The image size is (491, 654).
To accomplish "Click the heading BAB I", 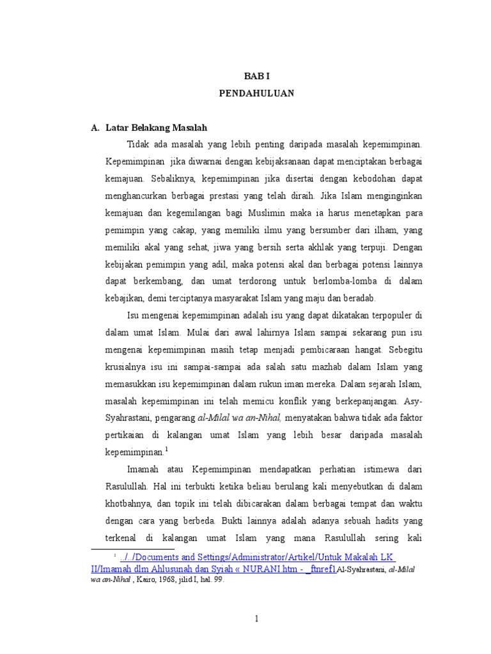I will click(x=256, y=75).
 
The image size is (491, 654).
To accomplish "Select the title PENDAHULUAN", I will click(x=256, y=93).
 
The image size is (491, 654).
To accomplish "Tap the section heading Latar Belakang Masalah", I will click(x=157, y=128).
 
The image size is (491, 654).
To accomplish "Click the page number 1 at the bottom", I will click(x=256, y=618).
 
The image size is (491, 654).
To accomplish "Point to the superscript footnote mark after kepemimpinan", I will click(x=166, y=449).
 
